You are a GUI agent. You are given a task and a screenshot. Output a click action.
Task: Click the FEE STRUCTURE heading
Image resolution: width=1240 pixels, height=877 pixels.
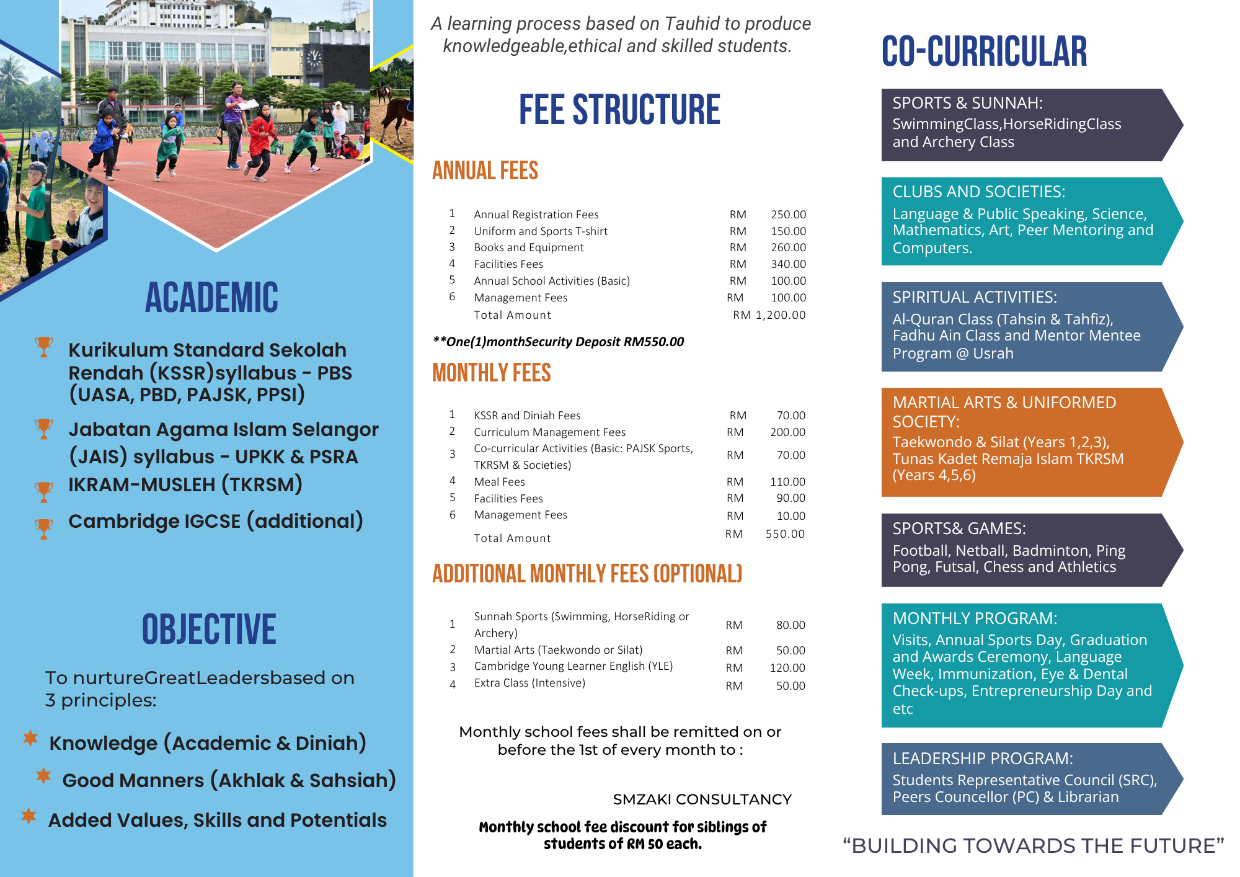619,110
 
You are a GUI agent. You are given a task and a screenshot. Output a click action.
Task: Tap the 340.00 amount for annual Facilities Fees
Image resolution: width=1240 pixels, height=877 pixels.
788,264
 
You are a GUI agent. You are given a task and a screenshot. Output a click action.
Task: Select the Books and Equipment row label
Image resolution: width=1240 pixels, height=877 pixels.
528,247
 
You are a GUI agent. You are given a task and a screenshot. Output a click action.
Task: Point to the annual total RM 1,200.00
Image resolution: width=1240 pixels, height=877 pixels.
769,315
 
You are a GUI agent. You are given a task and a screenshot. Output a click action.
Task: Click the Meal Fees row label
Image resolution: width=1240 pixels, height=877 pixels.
499,482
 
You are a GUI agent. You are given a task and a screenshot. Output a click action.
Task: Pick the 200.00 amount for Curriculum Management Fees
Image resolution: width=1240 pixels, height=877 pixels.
787,432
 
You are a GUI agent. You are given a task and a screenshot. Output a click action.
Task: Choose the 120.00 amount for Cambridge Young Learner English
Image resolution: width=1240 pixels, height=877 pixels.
787,668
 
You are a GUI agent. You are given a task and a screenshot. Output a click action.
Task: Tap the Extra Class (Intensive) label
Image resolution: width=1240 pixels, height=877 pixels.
529,683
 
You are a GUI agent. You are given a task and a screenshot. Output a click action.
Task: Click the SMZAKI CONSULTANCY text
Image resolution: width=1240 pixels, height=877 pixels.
702,799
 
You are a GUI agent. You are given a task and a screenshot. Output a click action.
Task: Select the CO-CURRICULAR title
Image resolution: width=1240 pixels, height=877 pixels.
984,51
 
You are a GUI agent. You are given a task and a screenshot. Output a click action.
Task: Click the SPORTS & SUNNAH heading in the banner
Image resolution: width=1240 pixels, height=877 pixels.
967,103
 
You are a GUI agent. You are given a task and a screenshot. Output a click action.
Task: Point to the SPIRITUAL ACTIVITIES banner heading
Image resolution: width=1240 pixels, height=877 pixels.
975,297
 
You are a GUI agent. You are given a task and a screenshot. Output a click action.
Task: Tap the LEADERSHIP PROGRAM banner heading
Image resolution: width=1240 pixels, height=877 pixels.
983,759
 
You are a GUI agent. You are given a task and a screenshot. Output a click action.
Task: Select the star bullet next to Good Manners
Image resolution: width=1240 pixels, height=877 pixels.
43,775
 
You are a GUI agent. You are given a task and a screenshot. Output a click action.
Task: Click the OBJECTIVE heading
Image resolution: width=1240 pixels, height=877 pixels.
209,630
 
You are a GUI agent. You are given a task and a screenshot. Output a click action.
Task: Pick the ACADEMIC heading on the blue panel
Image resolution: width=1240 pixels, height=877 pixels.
211,298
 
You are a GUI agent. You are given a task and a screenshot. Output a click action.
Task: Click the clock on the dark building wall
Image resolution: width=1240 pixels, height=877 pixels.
314,58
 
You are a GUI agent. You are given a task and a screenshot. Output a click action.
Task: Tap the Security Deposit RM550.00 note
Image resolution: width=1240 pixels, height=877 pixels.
558,342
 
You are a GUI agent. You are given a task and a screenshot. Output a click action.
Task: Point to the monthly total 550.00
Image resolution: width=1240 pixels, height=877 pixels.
784,534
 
